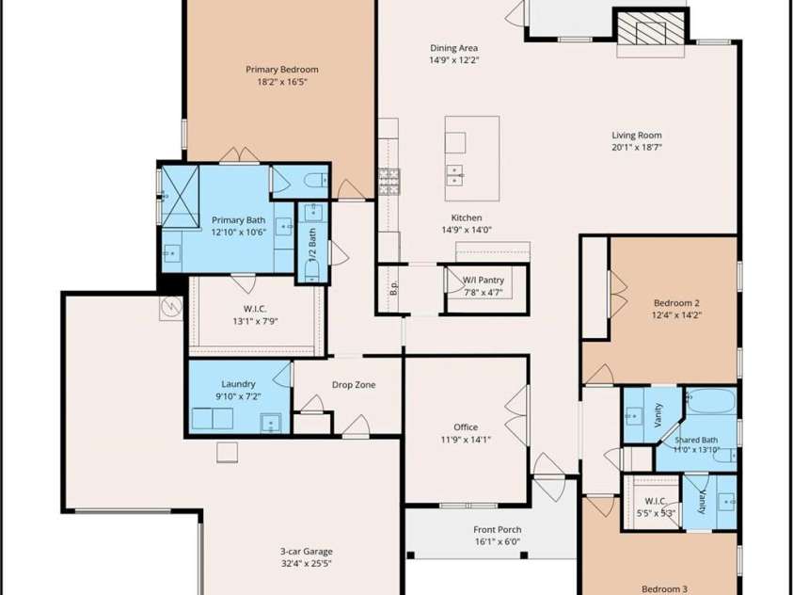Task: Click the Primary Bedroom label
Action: tap(281, 70)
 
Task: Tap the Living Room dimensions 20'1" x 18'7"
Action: tap(636, 148)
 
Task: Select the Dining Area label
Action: tap(453, 48)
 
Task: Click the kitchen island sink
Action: tap(454, 175)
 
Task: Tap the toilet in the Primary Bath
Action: tap(317, 180)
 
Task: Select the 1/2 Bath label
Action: tap(312, 245)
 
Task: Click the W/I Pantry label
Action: tap(484, 280)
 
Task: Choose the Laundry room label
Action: tap(238, 384)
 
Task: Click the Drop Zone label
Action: tap(354, 384)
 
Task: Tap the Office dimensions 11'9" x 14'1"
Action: tap(466, 439)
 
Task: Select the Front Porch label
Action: tap(497, 529)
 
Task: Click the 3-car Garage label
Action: tap(307, 552)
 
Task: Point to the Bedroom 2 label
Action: tap(676, 302)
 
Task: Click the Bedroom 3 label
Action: tap(664, 589)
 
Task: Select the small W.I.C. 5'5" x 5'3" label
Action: tap(655, 507)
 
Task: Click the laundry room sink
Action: tap(271, 423)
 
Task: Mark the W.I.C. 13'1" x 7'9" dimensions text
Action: tap(256, 321)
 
